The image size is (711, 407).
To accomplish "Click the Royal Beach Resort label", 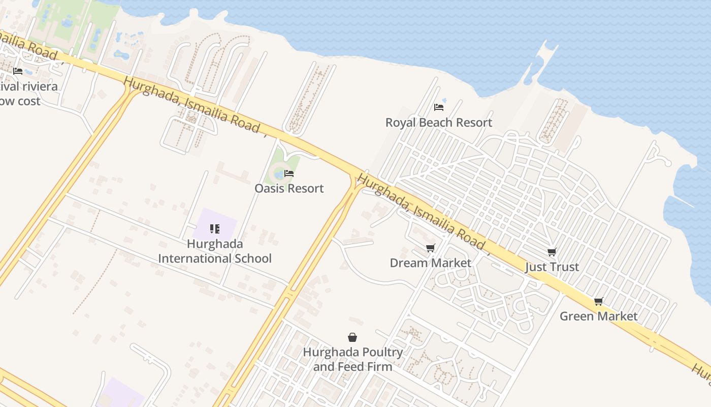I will click(439, 123).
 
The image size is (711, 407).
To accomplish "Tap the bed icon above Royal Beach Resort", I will click(439, 107).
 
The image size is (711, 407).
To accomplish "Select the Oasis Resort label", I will click(289, 188).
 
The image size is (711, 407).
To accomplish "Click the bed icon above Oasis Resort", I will click(289, 173).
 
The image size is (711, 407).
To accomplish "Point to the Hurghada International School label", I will click(215, 251).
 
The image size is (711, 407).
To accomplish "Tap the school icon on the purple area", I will click(214, 229).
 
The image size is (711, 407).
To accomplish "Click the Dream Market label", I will click(431, 263).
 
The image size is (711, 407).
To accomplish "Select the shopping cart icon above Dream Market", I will click(431, 248).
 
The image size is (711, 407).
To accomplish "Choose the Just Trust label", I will click(552, 267).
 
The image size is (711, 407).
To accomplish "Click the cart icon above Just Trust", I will click(552, 252).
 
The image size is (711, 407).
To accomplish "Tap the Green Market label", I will click(599, 316).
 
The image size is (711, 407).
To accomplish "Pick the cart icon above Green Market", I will click(599, 302).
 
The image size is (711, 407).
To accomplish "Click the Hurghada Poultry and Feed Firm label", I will click(352, 359).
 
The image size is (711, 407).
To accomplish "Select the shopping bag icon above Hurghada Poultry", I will click(352, 337).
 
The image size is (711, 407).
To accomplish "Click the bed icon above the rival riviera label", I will click(18, 71).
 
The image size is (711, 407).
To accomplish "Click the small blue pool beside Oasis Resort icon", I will click(279, 175).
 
